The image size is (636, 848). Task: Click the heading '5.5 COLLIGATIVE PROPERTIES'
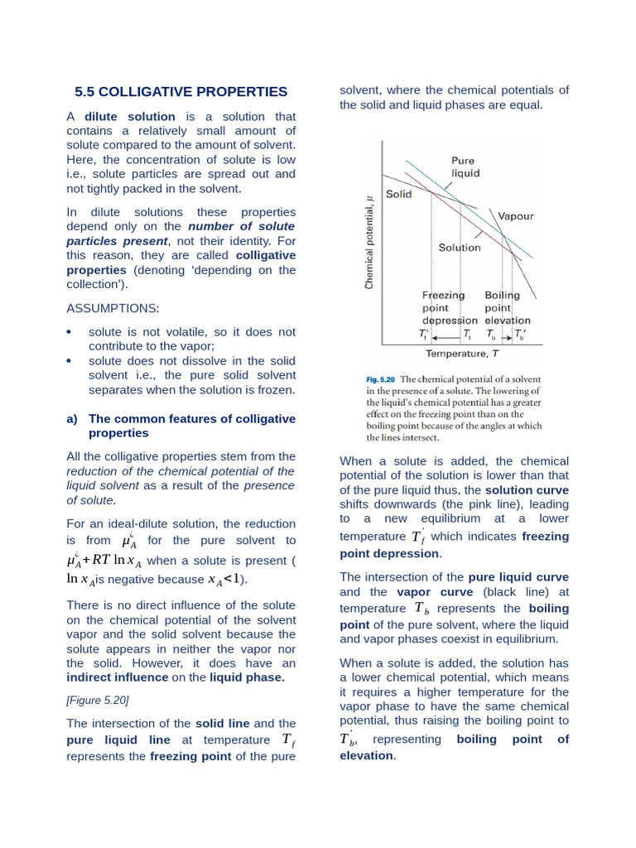[181, 92]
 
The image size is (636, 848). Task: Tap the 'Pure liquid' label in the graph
[465, 167]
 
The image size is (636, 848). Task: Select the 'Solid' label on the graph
[399, 194]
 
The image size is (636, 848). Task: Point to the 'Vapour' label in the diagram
[516, 216]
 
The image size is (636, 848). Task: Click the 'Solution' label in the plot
[459, 248]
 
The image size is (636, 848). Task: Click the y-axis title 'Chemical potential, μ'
[369, 241]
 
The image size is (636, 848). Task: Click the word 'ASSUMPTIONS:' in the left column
[113, 308]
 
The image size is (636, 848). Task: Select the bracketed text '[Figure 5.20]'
[98, 700]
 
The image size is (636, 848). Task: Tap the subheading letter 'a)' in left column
[72, 419]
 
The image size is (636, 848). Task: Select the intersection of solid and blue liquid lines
[431, 194]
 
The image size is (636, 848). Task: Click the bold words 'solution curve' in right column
[528, 490]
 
